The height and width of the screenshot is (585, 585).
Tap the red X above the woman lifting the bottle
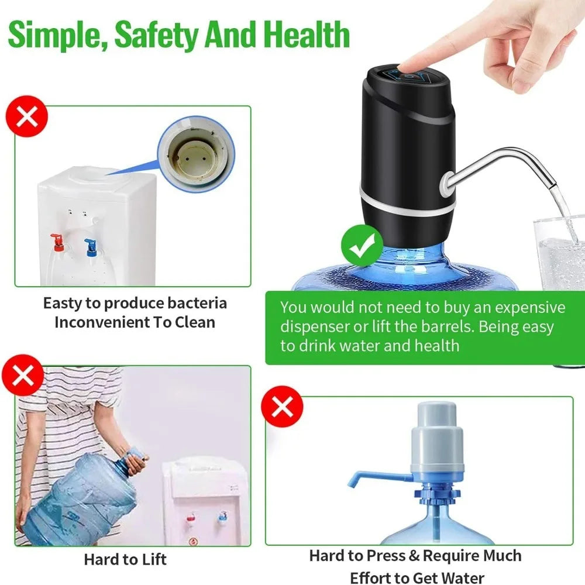pyautogui.click(x=22, y=376)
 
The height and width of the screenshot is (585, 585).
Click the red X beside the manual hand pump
pyautogui.click(x=283, y=406)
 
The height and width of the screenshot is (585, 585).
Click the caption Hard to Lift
pyautogui.click(x=125, y=559)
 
